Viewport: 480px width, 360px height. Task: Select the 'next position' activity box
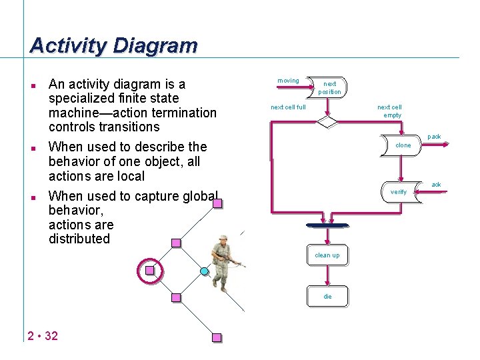pos(329,88)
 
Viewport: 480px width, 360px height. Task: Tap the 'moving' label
pos(288,81)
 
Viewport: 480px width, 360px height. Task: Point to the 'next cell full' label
pos(288,107)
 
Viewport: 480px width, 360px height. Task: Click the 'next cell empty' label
pos(389,111)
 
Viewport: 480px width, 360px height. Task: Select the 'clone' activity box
pos(403,145)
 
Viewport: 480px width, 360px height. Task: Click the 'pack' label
pos(434,137)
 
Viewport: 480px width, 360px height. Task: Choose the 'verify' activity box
pos(400,192)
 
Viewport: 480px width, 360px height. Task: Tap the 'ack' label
pos(436,185)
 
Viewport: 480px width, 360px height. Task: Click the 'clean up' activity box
pos(327,255)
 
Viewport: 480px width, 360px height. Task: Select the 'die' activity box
pos(327,295)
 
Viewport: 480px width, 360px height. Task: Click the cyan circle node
pos(205,271)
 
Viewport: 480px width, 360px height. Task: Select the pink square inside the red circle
pos(150,270)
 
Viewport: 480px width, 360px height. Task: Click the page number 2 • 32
pos(43,335)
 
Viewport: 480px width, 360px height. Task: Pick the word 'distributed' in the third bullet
pos(79,239)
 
